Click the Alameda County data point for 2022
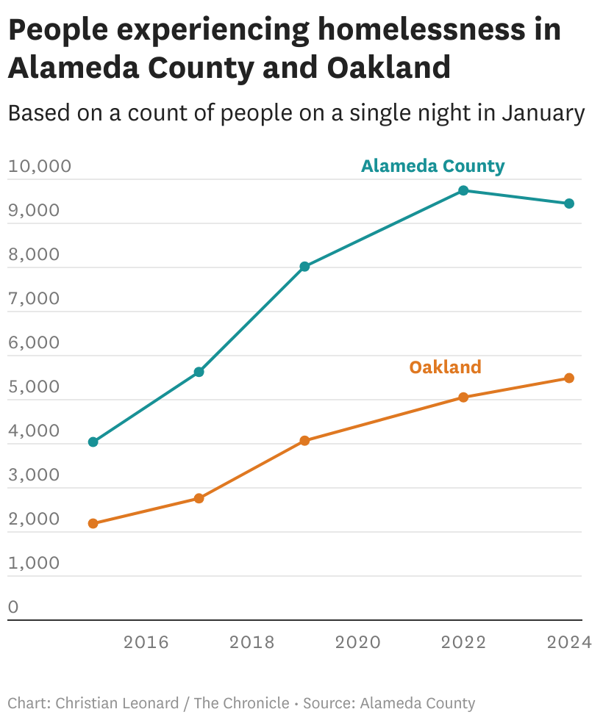point(463,190)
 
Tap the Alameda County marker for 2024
point(569,204)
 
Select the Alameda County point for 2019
point(304,267)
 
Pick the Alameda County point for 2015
point(93,442)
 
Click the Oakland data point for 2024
point(569,378)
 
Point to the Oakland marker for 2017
point(199,498)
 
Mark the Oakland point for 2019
point(304,441)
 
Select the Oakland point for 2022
point(463,398)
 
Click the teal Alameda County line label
point(432,166)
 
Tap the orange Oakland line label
point(445,367)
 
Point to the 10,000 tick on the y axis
point(40,166)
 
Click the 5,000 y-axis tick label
point(34,386)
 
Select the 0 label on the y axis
point(14,607)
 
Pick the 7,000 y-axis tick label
point(34,298)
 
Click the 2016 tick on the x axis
point(146,642)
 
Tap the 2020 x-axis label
point(357,642)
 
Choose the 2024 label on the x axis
point(569,642)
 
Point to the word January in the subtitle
point(543,113)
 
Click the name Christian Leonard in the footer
point(117,703)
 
